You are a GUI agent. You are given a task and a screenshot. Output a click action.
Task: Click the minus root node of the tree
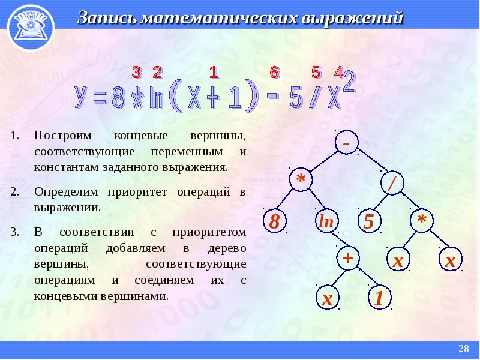click(x=347, y=142)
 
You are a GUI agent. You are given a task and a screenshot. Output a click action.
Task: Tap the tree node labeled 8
click(x=275, y=221)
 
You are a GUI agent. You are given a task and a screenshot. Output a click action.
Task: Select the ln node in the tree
click(x=326, y=221)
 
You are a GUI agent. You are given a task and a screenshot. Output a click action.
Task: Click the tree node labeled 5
click(x=369, y=221)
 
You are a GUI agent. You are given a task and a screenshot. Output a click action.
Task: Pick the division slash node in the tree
click(x=392, y=183)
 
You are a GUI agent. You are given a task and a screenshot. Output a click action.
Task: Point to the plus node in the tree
click(x=348, y=259)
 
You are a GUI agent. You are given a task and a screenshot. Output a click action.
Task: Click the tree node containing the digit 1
click(x=380, y=298)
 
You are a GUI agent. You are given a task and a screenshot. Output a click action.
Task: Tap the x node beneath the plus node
click(x=328, y=298)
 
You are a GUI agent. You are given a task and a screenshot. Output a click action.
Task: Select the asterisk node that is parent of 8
click(x=301, y=179)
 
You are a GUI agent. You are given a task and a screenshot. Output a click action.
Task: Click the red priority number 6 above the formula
click(x=275, y=72)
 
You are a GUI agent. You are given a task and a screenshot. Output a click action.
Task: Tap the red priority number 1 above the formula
click(x=214, y=73)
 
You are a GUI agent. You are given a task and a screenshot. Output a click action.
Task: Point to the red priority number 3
click(x=136, y=73)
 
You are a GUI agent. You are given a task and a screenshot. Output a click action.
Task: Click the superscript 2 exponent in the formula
click(x=349, y=82)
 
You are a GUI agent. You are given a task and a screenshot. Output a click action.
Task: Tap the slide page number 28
click(x=463, y=349)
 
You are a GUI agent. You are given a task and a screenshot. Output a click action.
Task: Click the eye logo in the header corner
click(x=31, y=27)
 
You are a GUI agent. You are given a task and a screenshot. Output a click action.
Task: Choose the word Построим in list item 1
click(x=63, y=135)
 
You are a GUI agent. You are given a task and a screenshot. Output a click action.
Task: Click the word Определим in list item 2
click(x=67, y=192)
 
